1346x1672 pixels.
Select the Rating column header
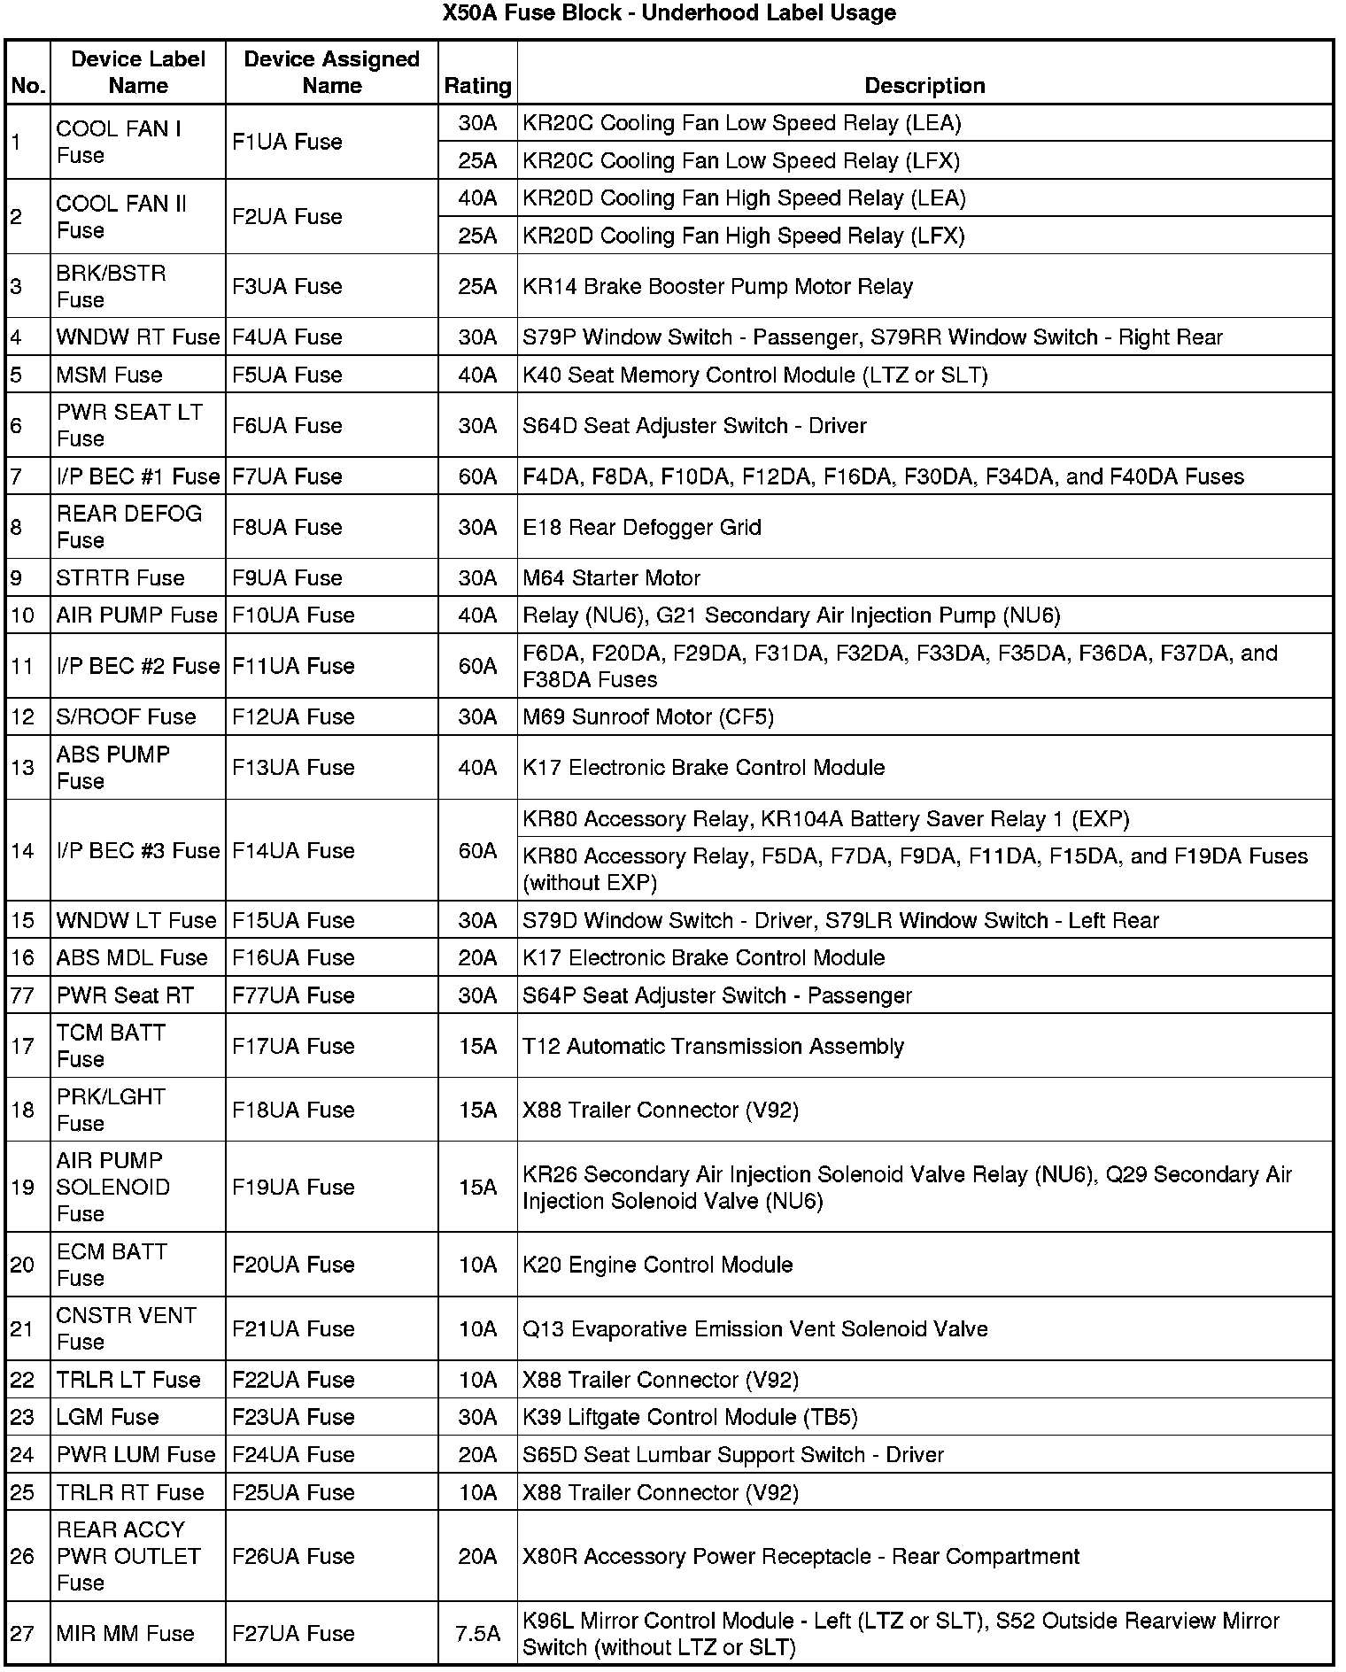pyautogui.click(x=477, y=86)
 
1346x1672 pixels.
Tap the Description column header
pyautogui.click(x=924, y=86)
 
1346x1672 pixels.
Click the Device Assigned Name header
pyautogui.click(x=331, y=73)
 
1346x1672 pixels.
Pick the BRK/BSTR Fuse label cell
pyautogui.click(x=112, y=286)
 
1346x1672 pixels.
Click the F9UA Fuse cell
pyautogui.click(x=287, y=578)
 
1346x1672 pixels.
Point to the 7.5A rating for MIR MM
pyautogui.click(x=477, y=1634)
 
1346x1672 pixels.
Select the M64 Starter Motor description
pyautogui.click(x=611, y=578)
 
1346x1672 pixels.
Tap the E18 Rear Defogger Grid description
pyautogui.click(x=642, y=528)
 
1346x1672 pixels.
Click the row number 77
pyautogui.click(x=23, y=995)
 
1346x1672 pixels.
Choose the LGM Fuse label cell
pyautogui.click(x=107, y=1417)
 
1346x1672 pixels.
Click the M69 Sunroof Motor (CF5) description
pyautogui.click(x=648, y=716)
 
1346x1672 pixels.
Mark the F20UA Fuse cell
pyautogui.click(x=293, y=1265)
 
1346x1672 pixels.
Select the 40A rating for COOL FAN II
pyautogui.click(x=477, y=198)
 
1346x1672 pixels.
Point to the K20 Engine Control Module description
pyautogui.click(x=657, y=1265)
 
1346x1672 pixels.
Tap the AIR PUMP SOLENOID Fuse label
pyautogui.click(x=112, y=1187)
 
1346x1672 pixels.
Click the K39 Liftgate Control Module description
pyautogui.click(x=690, y=1417)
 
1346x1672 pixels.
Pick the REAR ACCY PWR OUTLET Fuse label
pyautogui.click(x=128, y=1556)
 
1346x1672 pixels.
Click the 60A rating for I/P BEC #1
pyautogui.click(x=477, y=476)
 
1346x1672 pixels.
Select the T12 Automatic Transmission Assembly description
pyautogui.click(x=713, y=1047)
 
